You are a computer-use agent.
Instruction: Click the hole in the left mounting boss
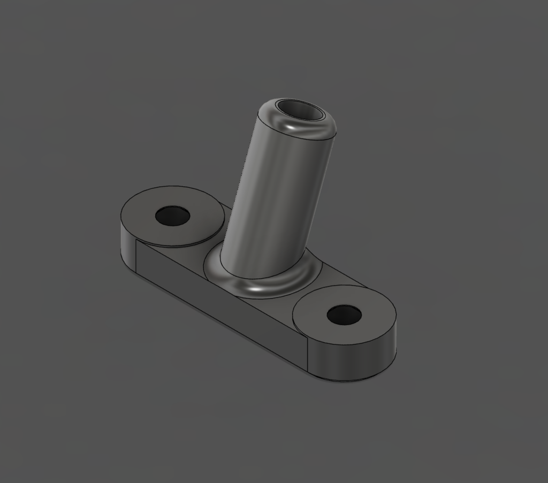172,216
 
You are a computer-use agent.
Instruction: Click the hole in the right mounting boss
344,315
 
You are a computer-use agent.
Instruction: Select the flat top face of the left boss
198,230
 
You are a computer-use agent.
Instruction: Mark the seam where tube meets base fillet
257,277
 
